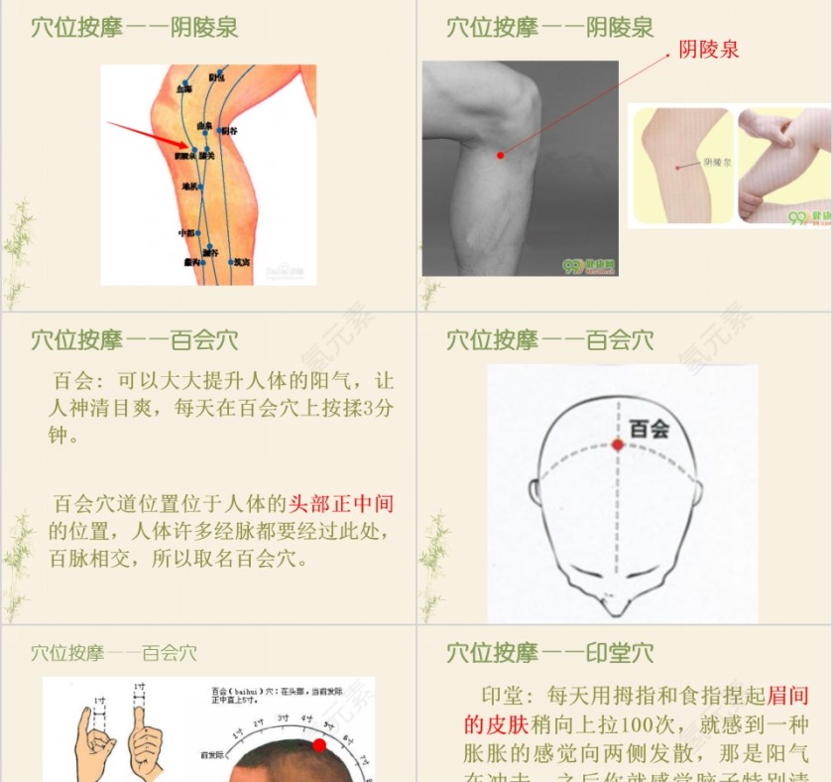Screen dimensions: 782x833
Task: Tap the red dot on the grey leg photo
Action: (x=501, y=155)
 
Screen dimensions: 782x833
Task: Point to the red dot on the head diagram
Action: (x=617, y=445)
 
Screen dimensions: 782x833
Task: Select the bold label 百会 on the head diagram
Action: (x=650, y=429)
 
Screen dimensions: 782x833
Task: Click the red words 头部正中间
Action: (x=341, y=504)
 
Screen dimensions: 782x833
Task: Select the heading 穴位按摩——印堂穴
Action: (x=549, y=653)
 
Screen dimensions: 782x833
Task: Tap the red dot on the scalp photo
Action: (x=319, y=745)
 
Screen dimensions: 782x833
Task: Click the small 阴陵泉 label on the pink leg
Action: (x=717, y=162)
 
